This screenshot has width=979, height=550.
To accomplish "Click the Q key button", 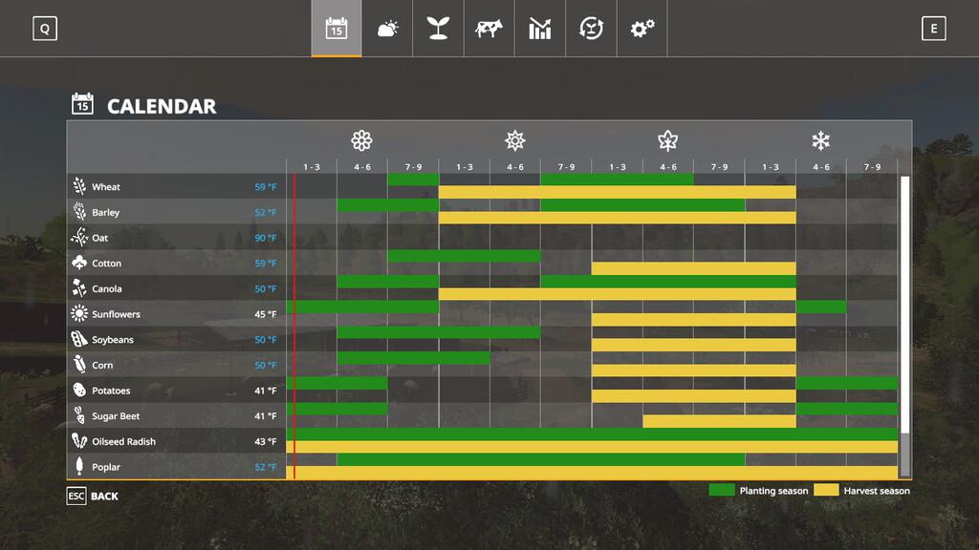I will coord(44,29).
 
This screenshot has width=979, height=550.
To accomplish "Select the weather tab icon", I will coord(387,29).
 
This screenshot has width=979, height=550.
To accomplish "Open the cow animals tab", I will coord(489,29).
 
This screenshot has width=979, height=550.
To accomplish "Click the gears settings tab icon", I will coord(642,29).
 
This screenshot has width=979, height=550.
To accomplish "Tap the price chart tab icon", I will coord(540,29).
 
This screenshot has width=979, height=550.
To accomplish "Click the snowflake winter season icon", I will coord(820,141).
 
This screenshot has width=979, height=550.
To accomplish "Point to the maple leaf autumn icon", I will coord(667,141).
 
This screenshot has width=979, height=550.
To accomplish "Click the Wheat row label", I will coord(105,187).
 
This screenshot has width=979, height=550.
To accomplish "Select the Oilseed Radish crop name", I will coord(123,442).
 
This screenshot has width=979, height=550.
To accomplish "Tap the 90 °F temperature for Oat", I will coord(265,238).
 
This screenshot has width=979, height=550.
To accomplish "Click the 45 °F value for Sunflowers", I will coord(265,314).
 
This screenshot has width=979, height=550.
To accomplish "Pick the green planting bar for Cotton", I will coord(464,256).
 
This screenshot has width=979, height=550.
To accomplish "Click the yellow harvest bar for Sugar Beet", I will coord(719,421).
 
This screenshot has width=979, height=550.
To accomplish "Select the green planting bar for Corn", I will coord(413,358).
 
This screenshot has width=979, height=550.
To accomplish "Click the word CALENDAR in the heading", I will coord(162,106).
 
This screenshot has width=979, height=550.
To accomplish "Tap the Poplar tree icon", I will coord(78,467).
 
